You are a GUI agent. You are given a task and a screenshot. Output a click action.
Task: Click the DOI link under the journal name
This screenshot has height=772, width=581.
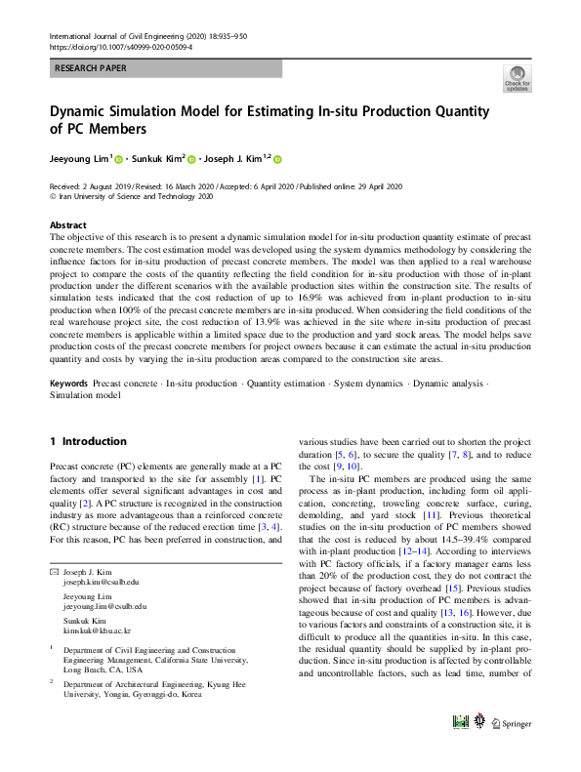coord(120,46)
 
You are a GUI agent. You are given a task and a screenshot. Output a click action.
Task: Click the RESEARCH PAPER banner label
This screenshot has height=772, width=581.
coord(89,69)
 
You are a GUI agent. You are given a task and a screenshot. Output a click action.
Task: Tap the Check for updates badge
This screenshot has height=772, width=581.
coord(517,79)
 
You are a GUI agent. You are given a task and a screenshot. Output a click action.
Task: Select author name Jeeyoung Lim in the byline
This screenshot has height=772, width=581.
coord(81,158)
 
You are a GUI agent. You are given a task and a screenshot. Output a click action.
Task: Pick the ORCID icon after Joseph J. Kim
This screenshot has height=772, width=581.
coord(277,159)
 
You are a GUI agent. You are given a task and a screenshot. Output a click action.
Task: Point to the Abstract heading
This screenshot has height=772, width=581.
coord(67,224)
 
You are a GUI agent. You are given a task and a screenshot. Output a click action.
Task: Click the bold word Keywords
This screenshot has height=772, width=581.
coord(68,385)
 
